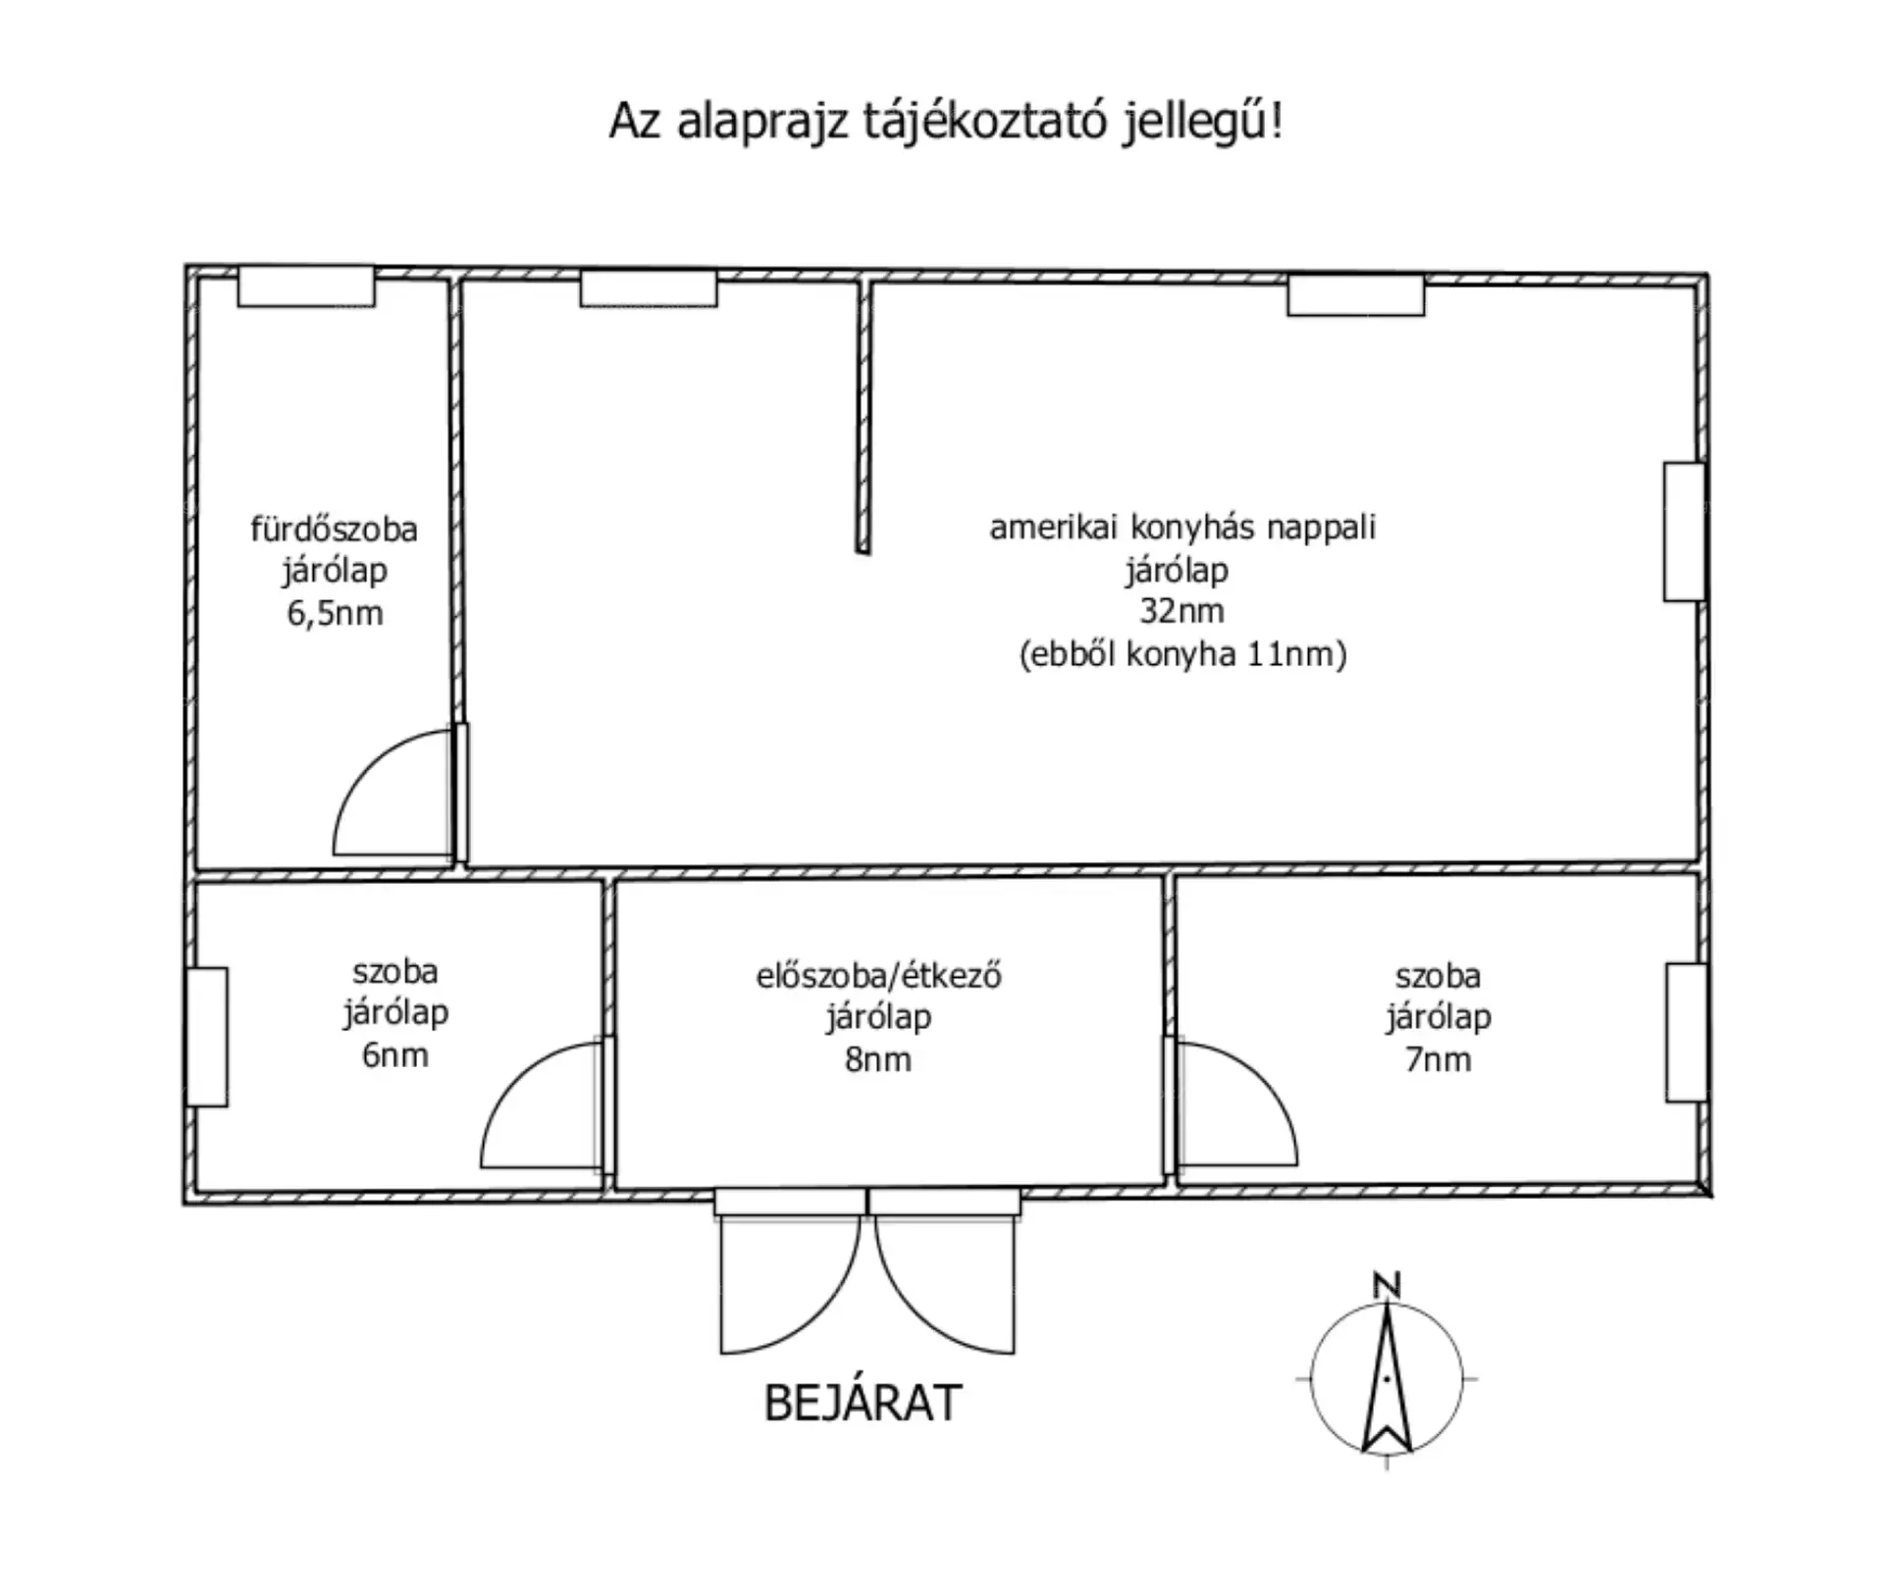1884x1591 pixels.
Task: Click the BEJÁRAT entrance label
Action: click(x=863, y=1404)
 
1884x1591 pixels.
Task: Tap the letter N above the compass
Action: click(x=1386, y=1285)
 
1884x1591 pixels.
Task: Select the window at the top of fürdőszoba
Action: click(x=306, y=286)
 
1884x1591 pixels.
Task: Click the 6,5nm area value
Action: click(x=335, y=614)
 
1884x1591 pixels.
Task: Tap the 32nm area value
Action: click(x=1181, y=611)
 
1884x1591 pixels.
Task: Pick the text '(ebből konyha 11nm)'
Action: click(x=1182, y=654)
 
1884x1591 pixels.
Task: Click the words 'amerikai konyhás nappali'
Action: click(x=1182, y=528)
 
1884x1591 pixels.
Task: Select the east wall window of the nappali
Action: click(x=1684, y=532)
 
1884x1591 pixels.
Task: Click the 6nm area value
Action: click(x=395, y=1055)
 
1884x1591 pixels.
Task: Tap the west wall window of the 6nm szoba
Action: click(x=207, y=1037)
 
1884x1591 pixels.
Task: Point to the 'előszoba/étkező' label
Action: click(x=878, y=977)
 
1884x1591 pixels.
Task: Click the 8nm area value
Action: click(x=878, y=1060)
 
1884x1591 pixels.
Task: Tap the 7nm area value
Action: click(x=1439, y=1060)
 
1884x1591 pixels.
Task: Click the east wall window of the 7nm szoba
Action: click(x=1687, y=1033)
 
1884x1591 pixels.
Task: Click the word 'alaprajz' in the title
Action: click(x=761, y=123)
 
